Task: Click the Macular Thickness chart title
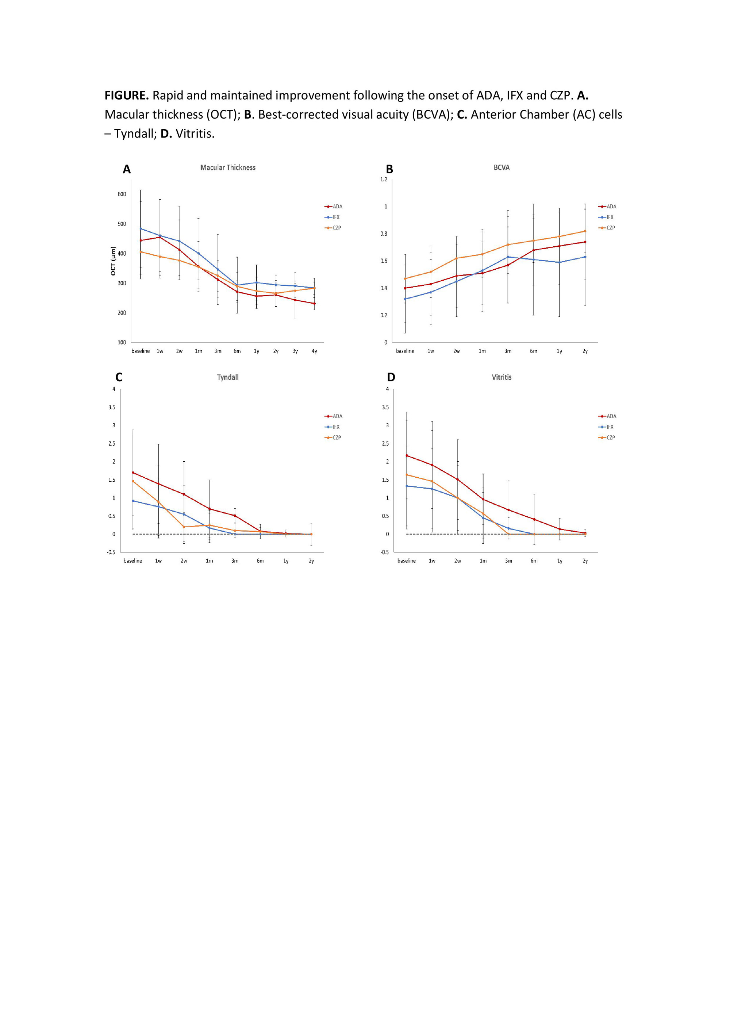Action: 228,167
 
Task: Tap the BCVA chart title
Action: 501,167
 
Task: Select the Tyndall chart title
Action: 227,377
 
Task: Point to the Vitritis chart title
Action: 501,377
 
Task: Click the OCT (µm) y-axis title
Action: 113,261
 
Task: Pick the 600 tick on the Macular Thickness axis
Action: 122,194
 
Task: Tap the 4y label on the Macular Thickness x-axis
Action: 314,351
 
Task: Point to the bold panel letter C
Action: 119,377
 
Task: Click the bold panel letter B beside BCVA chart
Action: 389,169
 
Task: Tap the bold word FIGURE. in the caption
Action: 126,96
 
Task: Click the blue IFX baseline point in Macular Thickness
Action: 141,228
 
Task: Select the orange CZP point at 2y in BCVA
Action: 585,231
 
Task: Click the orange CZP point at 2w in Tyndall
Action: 184,527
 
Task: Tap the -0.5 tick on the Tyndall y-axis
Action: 111,552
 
